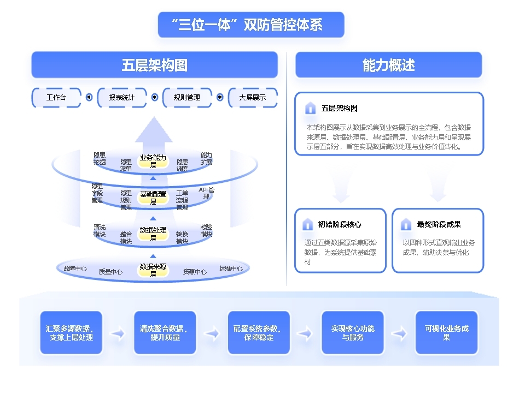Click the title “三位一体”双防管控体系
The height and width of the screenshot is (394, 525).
coord(251,25)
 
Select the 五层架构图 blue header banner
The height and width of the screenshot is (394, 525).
coord(154,65)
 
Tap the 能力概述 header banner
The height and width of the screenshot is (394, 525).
coord(388,65)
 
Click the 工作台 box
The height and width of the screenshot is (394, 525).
coord(56,98)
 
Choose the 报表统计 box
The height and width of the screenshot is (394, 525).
coord(121,98)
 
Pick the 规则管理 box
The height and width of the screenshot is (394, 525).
coord(186,98)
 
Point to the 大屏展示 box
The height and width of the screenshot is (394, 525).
coord(252,98)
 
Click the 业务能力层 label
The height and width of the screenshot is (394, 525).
coord(153,161)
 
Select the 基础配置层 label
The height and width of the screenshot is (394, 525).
coord(153,197)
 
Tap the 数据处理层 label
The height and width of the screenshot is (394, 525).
coord(153,234)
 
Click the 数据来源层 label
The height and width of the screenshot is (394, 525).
coord(153,270)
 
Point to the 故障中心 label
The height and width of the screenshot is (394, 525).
coord(75,268)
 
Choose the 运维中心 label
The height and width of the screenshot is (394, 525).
coord(231,268)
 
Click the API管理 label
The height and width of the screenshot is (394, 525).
coord(207,193)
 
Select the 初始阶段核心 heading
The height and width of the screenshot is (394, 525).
coord(340,224)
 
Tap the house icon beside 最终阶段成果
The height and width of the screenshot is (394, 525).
coord(406,224)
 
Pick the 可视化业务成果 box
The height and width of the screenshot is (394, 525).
coord(446,333)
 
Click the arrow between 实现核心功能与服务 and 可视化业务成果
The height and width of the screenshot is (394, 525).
coord(399,333)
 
